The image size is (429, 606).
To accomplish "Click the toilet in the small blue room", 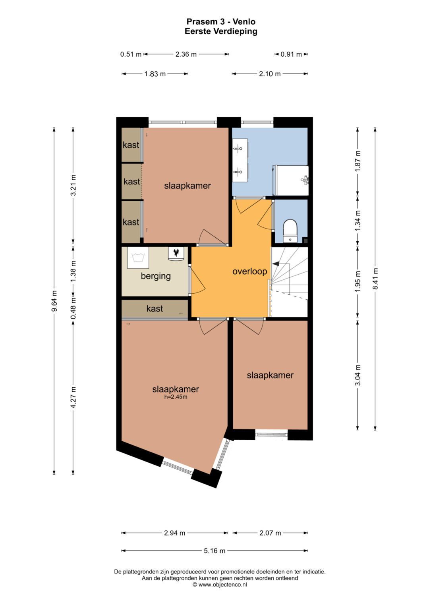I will pyautogui.click(x=290, y=230).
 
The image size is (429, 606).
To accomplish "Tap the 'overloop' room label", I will pyautogui.click(x=249, y=271).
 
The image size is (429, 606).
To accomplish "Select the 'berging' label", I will pyautogui.click(x=156, y=276).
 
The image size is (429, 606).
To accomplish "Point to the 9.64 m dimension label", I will pyautogui.click(x=54, y=301).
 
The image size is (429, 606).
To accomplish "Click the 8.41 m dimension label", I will pyautogui.click(x=375, y=279).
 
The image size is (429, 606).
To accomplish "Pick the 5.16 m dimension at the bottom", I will pyautogui.click(x=214, y=550).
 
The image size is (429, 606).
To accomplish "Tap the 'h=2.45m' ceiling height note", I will pyautogui.click(x=176, y=396).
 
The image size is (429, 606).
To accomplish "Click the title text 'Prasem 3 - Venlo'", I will pyautogui.click(x=221, y=22).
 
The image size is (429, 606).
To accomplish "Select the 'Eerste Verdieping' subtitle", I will pyautogui.click(x=221, y=31).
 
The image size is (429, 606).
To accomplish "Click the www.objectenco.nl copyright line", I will pyautogui.click(x=220, y=585).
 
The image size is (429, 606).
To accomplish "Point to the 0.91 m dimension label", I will pyautogui.click(x=291, y=54).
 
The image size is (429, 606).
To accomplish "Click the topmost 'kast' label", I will pyautogui.click(x=131, y=145).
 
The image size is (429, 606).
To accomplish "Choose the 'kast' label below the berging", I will pyautogui.click(x=155, y=308).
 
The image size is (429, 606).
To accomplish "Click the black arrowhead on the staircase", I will pyautogui.click(x=276, y=263).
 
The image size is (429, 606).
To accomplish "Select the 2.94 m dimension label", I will pyautogui.click(x=174, y=533).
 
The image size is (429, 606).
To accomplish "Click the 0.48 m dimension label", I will pyautogui.click(x=73, y=308).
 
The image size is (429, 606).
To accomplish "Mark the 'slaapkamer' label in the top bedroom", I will pyautogui.click(x=187, y=185).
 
